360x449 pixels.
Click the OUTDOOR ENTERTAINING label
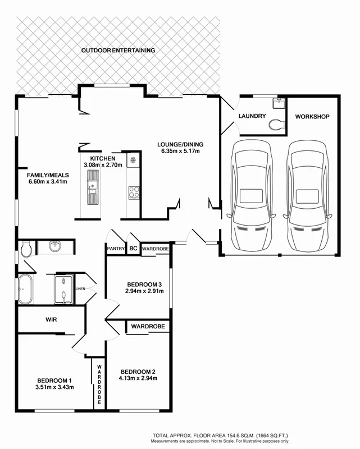[118, 51]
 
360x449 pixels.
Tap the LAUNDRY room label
[252, 117]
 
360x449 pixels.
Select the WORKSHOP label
[312, 117]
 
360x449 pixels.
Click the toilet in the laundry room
[276, 125]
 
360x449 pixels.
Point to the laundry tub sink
[279, 103]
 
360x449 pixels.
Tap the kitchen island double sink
[92, 187]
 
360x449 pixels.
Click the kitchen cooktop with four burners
[134, 192]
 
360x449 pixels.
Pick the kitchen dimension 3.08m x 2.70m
[103, 165]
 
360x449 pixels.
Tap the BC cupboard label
[133, 248]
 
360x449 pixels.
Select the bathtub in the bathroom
[25, 289]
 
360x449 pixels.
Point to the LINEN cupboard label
[81, 289]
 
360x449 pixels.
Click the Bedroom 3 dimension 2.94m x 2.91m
[144, 291]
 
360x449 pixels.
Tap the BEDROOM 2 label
[138, 372]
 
